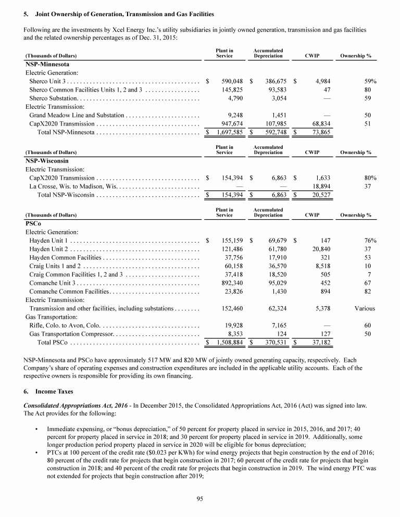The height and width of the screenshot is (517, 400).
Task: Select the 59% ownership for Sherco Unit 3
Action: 370,81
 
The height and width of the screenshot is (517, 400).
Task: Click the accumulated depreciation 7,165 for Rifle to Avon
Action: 274,325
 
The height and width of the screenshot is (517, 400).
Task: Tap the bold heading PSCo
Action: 34,223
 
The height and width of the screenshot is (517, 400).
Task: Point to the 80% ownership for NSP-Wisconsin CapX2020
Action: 370,178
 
